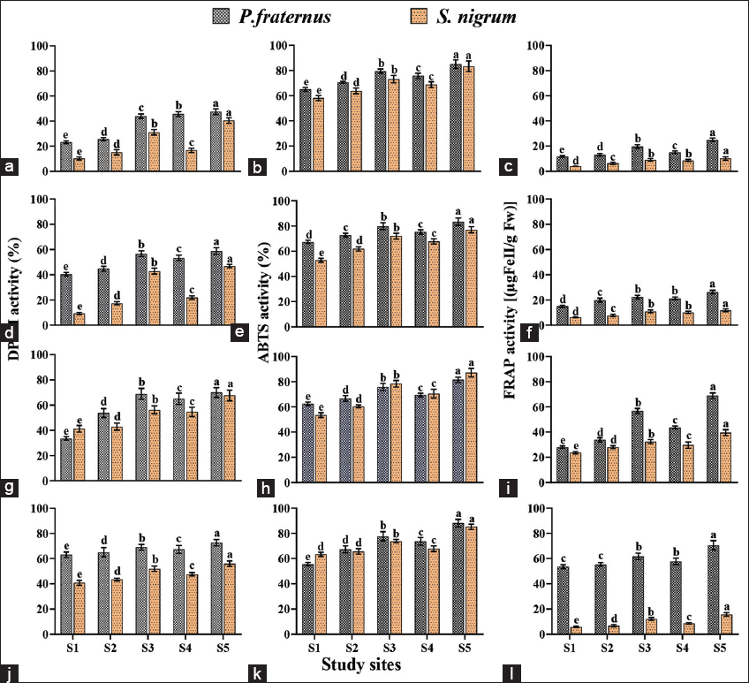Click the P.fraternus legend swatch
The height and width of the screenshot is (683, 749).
[220, 16]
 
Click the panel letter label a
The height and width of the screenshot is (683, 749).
[10, 165]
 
